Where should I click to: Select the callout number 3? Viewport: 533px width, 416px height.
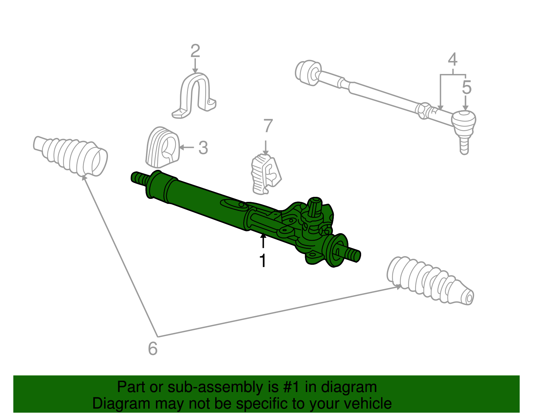pos(203,148)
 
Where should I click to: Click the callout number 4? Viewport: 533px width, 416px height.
pos(452,60)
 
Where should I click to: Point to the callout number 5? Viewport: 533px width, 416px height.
pos(467,88)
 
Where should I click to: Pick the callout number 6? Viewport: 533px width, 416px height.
pos(153,349)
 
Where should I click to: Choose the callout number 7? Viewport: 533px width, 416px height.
pos(268,126)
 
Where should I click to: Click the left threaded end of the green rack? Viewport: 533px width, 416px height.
pos(140,179)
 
